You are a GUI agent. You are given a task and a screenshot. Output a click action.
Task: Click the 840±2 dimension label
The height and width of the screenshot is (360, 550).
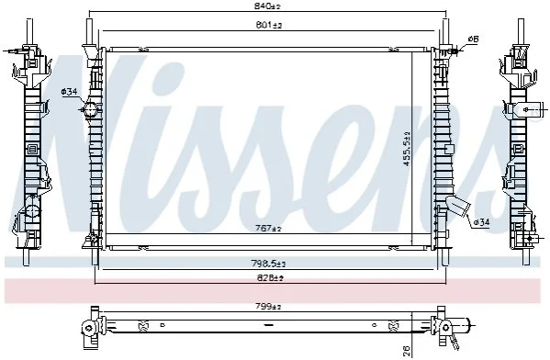pos(267,6)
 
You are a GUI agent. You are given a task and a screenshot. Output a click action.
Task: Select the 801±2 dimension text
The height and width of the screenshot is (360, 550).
pos(269,25)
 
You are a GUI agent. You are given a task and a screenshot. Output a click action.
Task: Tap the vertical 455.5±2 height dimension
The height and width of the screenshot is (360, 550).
pos(407,149)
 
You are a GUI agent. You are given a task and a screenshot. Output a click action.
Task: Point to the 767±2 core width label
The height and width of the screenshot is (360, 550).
pos(268,229)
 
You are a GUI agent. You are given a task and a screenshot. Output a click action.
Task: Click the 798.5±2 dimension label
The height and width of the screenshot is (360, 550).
pos(268,264)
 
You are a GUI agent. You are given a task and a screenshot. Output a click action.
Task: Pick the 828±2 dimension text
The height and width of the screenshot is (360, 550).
pos(269,278)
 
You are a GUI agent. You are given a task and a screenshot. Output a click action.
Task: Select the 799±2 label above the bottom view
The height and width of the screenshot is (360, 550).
pos(268,307)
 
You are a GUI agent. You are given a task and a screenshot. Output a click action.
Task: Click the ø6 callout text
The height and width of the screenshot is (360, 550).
pos(473,39)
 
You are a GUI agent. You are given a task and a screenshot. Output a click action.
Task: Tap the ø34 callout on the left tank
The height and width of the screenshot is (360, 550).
pos(69,92)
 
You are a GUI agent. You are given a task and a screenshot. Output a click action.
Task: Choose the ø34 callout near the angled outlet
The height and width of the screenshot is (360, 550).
pos(481,222)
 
